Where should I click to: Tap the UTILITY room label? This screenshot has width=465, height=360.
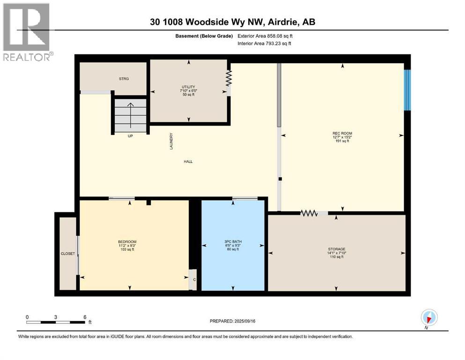[188, 87]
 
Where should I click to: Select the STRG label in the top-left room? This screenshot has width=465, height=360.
[124, 79]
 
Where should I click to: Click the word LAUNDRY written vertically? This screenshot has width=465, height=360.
[171, 141]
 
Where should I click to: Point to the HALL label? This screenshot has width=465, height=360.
[188, 162]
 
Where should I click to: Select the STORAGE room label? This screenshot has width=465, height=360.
[336, 249]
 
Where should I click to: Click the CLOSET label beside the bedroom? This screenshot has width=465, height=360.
[67, 254]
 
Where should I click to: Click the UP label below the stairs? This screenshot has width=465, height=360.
[131, 136]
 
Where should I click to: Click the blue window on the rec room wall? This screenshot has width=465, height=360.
[407, 90]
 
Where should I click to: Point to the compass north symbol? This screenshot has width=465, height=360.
[429, 318]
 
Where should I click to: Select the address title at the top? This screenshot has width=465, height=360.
[232, 22]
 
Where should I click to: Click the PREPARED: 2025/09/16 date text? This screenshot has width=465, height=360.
[233, 321]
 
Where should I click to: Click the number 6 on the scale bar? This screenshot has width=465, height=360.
[84, 317]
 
